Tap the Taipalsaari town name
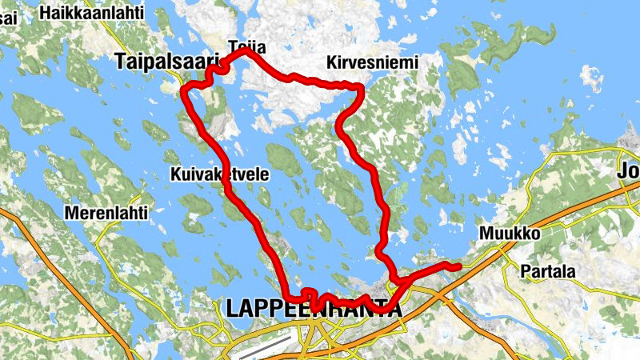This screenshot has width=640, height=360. click(166, 61)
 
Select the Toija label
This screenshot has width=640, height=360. click(246, 46)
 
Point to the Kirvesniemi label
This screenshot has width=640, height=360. click(373, 62)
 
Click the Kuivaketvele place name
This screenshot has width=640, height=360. click(220, 174)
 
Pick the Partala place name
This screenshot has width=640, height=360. click(548, 271)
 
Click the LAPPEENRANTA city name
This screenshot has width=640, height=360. click(314, 309)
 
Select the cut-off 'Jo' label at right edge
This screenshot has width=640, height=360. click(628, 170)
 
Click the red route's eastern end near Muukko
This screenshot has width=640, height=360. click(458, 266)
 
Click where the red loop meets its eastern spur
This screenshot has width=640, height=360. click(395, 279)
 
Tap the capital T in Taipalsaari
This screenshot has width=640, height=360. click(121, 61)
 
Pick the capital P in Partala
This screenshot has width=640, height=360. click(525, 271)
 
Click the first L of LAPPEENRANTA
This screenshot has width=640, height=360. click(233, 309)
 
